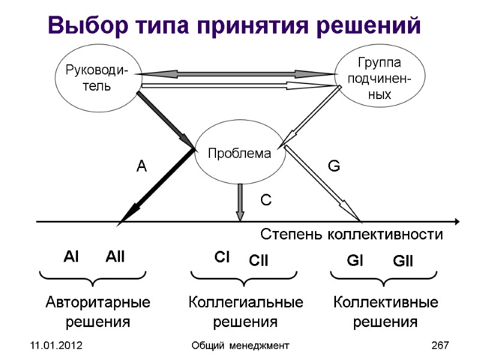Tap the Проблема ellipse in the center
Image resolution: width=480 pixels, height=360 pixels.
[239, 154]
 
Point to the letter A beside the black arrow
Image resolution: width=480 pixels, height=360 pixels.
[142, 167]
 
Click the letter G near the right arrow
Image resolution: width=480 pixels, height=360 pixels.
[333, 166]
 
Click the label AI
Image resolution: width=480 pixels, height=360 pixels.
[71, 257]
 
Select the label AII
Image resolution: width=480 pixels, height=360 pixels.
[115, 257]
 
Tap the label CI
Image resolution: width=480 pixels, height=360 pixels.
[223, 257]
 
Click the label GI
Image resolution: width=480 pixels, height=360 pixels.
[356, 262]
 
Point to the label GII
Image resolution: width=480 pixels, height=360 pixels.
[403, 262]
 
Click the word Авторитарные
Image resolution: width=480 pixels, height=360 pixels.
[98, 302]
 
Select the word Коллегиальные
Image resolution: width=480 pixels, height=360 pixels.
[245, 302]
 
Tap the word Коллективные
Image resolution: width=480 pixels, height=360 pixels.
[385, 302]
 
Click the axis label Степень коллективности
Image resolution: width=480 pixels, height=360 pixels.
[352, 234]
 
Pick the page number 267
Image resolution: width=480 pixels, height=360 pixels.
[440, 346]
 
